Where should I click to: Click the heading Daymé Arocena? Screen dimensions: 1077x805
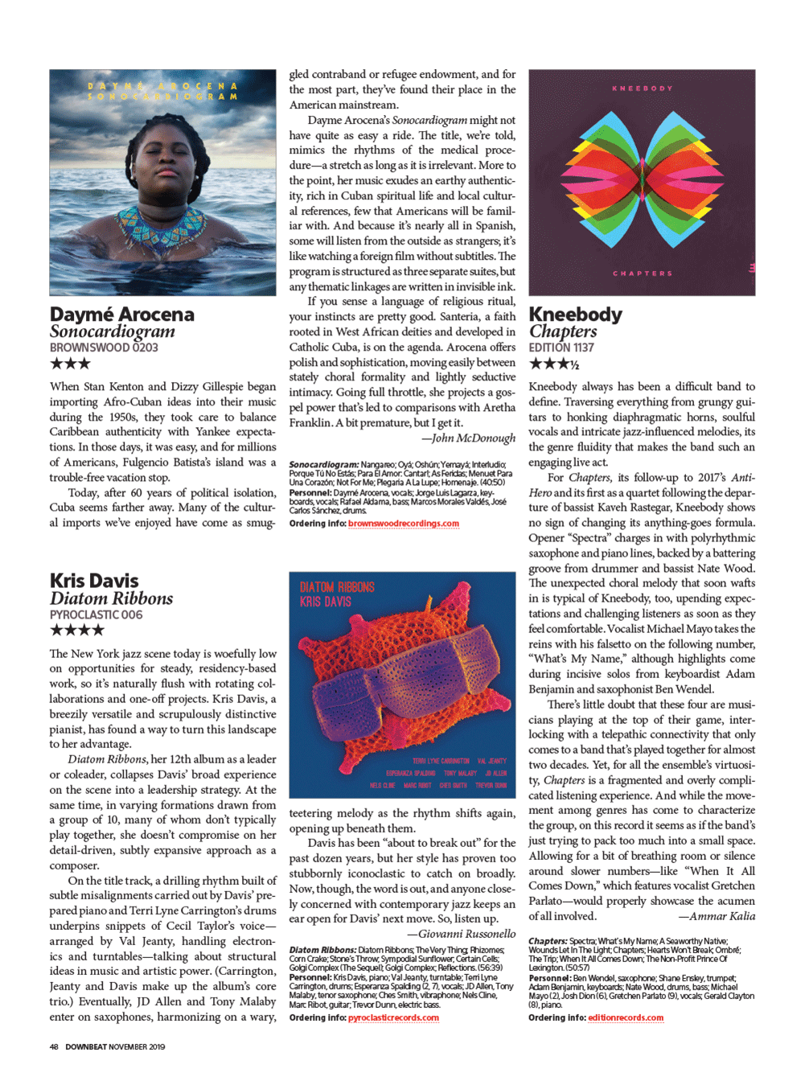pos(122,314)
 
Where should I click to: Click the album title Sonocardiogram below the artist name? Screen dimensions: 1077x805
pos(112,331)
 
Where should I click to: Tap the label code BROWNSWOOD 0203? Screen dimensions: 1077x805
pos(104,347)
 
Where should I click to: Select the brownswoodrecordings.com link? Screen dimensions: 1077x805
pos(404,524)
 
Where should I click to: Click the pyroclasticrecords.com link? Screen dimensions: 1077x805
pos(393,1017)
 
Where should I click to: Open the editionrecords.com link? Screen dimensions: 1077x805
pos(626,1017)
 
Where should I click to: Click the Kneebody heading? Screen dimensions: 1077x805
pos(575,314)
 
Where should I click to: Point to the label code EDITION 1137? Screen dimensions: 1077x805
pos(561,347)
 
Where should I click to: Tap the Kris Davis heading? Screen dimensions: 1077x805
pos(94,581)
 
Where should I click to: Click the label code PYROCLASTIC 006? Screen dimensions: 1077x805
pos(96,615)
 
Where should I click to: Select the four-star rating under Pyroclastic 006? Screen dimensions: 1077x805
pos(76,630)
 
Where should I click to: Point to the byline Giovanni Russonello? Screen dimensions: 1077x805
pos(461,934)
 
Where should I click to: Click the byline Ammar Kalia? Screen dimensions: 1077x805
pos(716,915)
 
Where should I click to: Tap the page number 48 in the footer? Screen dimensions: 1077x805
pos(54,1046)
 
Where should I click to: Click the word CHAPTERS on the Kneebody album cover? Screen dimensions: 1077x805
pos(643,273)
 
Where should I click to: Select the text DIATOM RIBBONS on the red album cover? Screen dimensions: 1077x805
pos(337,587)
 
